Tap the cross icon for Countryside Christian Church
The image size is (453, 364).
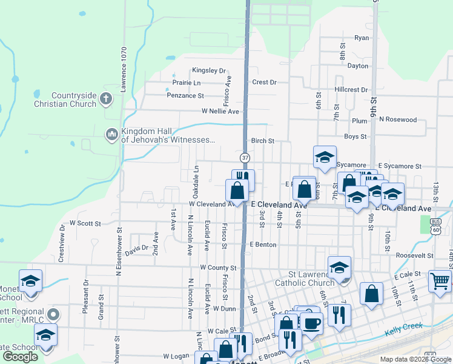click(106, 98)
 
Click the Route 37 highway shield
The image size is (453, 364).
click(245, 158)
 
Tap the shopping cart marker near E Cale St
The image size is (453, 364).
click(440, 280)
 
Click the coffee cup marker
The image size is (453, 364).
click(311, 323)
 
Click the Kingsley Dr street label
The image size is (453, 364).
click(208, 70)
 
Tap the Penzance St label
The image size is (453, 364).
click(185, 95)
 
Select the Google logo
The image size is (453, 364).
click(20, 357)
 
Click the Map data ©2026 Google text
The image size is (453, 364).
click(415, 359)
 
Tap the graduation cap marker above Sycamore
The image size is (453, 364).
click(325, 157)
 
